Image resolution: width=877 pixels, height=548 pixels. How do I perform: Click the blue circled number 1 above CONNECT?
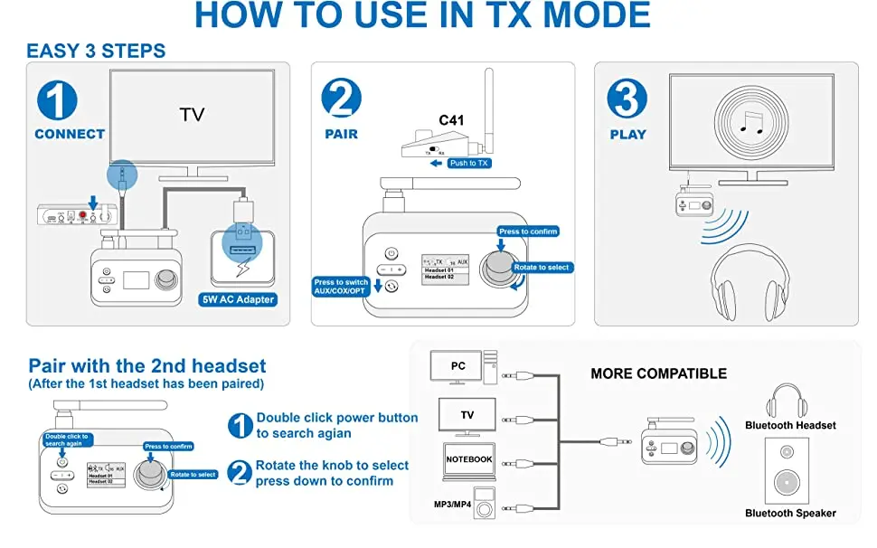[x=56, y=101]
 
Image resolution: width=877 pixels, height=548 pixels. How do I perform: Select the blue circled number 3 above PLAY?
[x=628, y=99]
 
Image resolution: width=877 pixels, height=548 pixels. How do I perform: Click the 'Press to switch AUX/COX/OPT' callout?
[x=342, y=288]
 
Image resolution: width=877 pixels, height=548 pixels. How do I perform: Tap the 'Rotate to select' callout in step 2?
[x=542, y=268]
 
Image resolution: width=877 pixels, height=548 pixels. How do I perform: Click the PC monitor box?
[x=458, y=366]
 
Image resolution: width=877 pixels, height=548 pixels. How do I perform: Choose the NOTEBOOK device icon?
[x=468, y=459]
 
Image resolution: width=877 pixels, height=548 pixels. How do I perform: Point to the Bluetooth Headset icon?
[x=787, y=401]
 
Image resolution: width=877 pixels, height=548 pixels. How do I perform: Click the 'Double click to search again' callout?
[x=67, y=439]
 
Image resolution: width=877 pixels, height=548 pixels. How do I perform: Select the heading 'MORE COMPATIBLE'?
[x=658, y=373]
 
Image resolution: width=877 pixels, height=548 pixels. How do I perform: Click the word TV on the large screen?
[x=192, y=115]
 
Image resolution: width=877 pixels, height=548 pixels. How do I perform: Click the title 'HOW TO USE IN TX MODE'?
[x=422, y=16]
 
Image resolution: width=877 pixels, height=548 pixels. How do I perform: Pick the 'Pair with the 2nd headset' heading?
[x=147, y=366]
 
